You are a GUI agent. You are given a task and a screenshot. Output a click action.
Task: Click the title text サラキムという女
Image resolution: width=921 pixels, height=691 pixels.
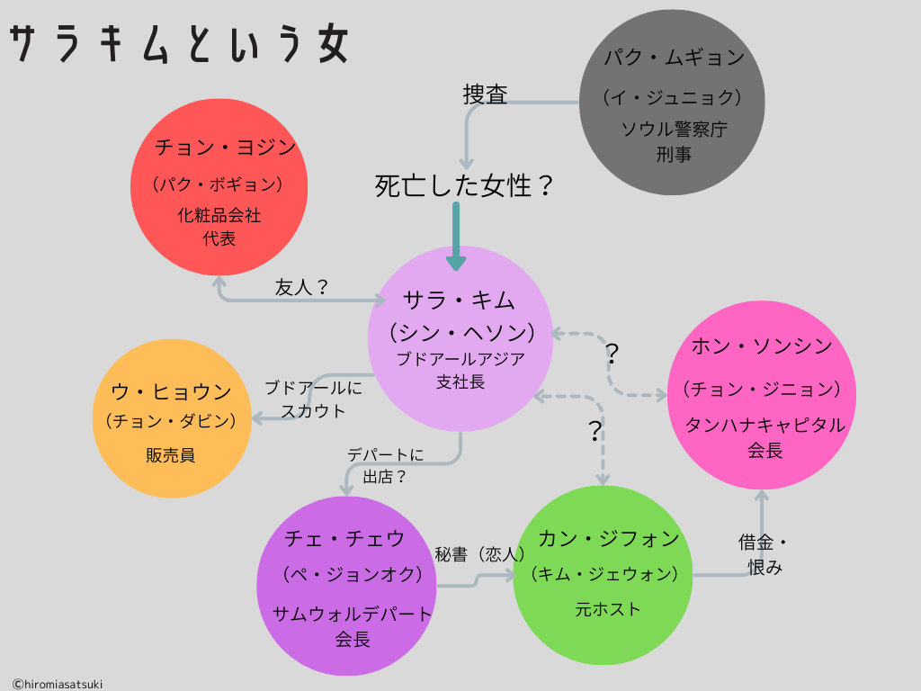click(179, 44)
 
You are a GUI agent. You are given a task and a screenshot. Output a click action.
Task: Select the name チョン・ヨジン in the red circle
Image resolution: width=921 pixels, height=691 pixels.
click(225, 147)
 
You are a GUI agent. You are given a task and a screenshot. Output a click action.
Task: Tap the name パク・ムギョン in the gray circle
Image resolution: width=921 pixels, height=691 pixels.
click(674, 58)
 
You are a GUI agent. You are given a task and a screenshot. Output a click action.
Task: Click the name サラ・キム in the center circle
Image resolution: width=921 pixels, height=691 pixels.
click(460, 300)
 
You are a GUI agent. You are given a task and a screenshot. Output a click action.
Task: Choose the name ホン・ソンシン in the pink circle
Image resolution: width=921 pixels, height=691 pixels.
click(761, 345)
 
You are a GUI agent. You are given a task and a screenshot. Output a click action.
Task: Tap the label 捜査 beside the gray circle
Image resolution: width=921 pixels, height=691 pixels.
click(486, 94)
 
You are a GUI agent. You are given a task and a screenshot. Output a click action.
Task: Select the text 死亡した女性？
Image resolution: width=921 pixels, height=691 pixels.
click(464, 186)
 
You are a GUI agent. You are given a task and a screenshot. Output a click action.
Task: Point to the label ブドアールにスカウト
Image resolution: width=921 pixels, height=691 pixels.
click(313, 399)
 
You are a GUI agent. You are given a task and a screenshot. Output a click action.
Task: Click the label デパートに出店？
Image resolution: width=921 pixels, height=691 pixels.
click(385, 466)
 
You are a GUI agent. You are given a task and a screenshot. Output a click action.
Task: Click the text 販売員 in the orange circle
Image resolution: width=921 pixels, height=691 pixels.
click(171, 455)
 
